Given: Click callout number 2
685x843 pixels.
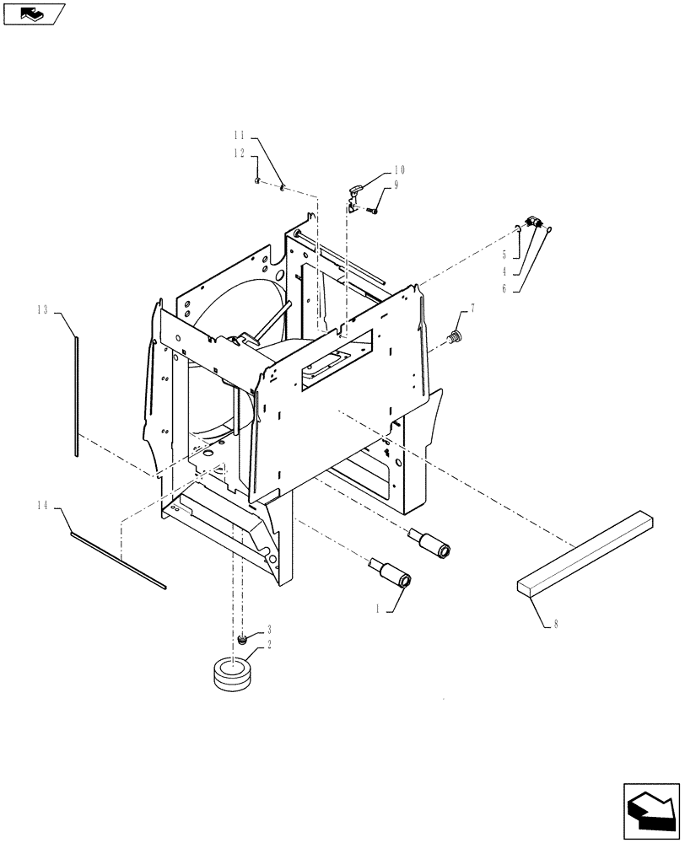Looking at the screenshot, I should (268, 645).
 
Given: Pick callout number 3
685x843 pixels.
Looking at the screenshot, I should (268, 629).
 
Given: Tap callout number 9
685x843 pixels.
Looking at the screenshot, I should (395, 185).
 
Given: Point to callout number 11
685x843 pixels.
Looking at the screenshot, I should (239, 135).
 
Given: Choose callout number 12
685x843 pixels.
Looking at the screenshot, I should (239, 153).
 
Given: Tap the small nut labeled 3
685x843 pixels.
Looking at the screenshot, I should (243, 642).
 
